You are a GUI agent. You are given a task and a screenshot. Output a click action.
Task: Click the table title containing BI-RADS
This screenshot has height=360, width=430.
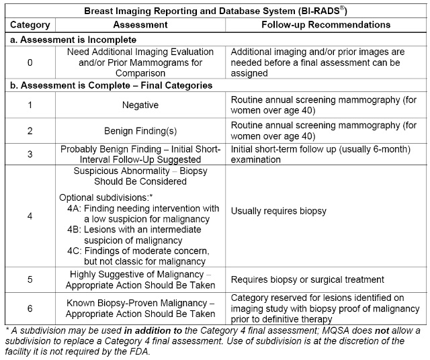[x=214, y=10]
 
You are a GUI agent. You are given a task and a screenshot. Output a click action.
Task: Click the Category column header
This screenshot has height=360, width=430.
[x=30, y=25]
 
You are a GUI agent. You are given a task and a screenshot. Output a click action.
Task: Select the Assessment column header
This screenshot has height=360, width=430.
[x=140, y=25]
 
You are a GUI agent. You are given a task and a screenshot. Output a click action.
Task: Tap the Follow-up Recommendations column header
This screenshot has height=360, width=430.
[x=326, y=25]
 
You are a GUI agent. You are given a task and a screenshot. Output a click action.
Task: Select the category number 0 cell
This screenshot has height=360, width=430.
[x=30, y=62]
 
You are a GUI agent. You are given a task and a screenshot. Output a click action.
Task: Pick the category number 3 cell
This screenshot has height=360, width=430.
[x=30, y=154]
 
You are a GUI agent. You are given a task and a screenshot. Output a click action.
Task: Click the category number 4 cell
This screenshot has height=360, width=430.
[x=30, y=217]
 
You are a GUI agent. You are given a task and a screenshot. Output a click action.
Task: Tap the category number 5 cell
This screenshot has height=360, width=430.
[x=30, y=279]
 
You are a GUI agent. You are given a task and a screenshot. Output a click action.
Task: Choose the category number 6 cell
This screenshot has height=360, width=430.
[x=30, y=308]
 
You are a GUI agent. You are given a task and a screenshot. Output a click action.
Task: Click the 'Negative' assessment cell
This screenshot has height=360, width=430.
[x=140, y=105]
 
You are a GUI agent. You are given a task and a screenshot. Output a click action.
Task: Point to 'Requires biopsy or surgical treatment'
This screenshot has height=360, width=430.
[x=307, y=279]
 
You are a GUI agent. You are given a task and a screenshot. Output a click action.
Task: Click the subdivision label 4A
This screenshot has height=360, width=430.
[x=75, y=208]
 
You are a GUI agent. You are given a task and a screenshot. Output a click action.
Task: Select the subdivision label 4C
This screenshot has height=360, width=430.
[x=75, y=251]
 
